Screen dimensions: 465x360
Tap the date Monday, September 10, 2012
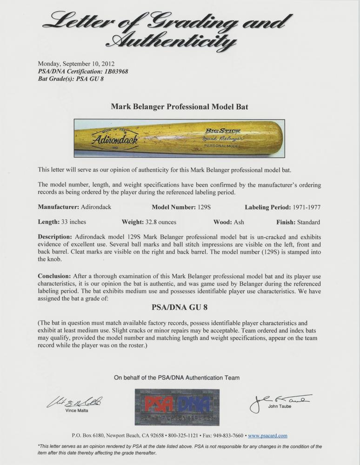point(76,64)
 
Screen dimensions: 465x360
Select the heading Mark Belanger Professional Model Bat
point(180,106)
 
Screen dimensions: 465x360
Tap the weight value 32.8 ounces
point(160,222)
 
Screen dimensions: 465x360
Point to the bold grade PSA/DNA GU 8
point(180,307)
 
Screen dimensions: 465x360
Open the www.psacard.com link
point(267,436)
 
